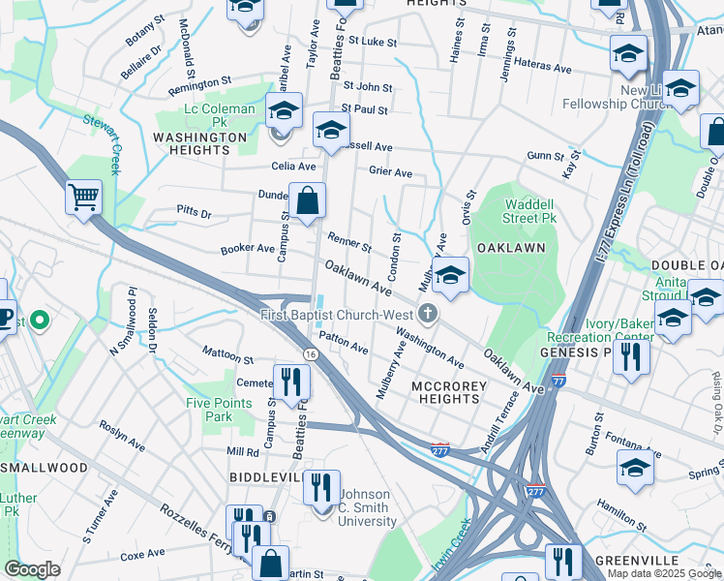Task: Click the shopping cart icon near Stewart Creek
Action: point(84,199)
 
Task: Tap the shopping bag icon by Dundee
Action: point(307,201)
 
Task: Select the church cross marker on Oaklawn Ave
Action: point(427,314)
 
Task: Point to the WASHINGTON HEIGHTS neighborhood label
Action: point(200,144)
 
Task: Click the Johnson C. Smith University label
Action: point(366,506)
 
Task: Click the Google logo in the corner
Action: point(33,569)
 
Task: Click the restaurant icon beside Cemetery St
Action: point(290,382)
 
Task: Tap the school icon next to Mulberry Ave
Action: point(450,277)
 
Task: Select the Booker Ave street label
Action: point(248,249)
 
